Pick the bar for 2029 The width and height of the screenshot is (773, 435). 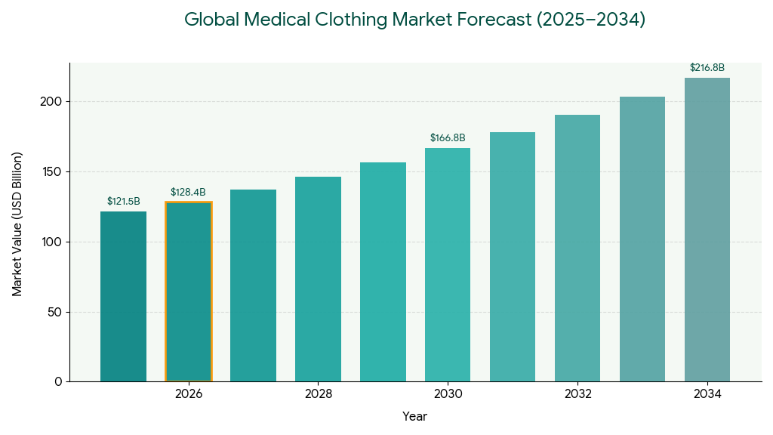383,272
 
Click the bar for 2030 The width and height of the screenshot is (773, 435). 448,264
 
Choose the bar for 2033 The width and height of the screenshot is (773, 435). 642,239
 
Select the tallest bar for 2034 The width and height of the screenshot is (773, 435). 707,230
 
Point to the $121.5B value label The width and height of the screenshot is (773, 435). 123,202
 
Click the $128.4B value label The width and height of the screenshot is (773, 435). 188,193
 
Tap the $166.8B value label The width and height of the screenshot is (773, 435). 448,138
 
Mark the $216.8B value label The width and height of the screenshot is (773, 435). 707,68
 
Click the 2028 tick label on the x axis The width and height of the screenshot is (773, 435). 319,394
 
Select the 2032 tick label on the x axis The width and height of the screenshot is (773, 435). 577,394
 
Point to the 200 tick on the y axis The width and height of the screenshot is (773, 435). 52,102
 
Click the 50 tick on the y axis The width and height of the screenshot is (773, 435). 56,312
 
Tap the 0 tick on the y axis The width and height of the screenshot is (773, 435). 59,382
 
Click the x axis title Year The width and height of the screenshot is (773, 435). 414,416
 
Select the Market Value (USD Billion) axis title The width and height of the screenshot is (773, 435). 17,224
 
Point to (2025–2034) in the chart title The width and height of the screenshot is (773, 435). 591,20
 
